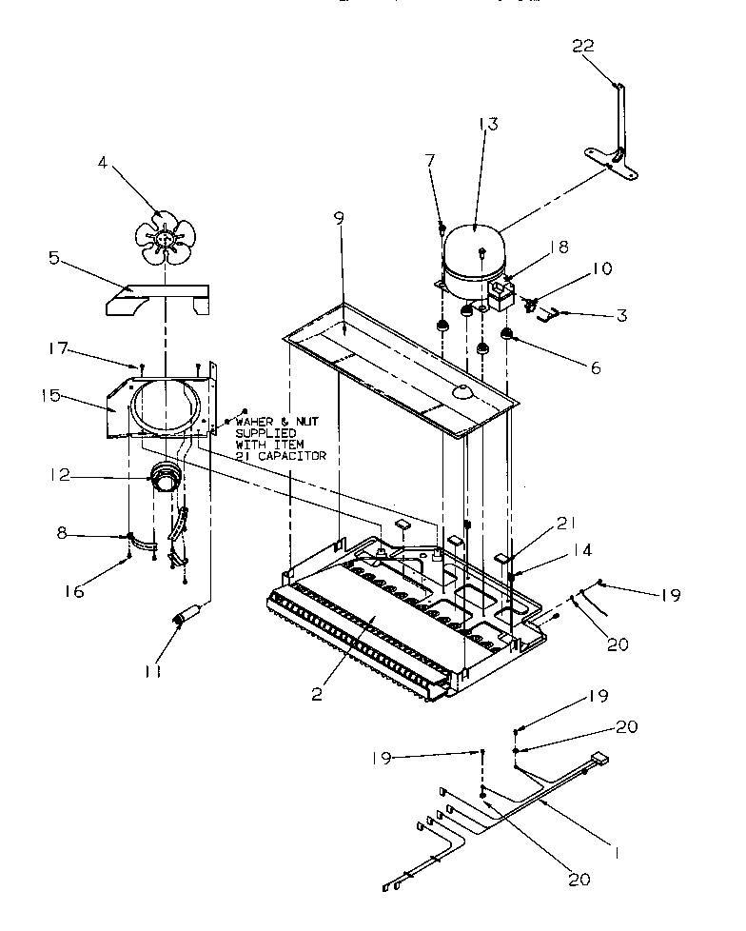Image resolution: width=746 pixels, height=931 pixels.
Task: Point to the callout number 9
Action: [339, 218]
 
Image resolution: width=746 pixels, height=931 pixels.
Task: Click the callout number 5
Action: [53, 256]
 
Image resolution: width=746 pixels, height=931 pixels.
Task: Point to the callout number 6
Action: [595, 367]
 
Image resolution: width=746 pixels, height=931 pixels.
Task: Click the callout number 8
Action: [63, 535]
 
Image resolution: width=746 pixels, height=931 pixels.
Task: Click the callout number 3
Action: [620, 315]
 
